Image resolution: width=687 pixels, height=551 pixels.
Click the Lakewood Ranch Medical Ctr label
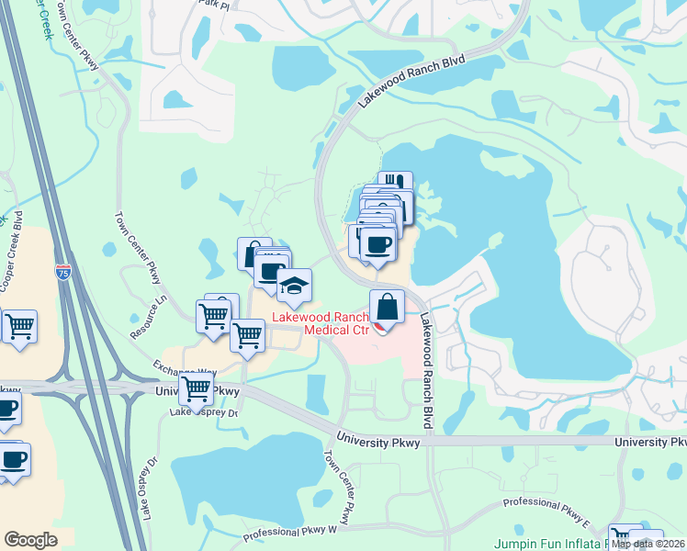318,324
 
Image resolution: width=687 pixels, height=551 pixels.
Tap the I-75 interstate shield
62,272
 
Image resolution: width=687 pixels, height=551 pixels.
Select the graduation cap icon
294,287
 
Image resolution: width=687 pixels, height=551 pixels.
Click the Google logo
30,540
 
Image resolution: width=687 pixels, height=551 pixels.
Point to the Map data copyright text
648,544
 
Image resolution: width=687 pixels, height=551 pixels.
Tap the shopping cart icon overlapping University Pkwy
196,388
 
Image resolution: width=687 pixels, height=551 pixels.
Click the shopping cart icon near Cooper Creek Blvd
18,326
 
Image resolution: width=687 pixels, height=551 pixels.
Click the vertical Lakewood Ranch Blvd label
426,372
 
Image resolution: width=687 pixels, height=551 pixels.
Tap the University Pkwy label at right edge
650,442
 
